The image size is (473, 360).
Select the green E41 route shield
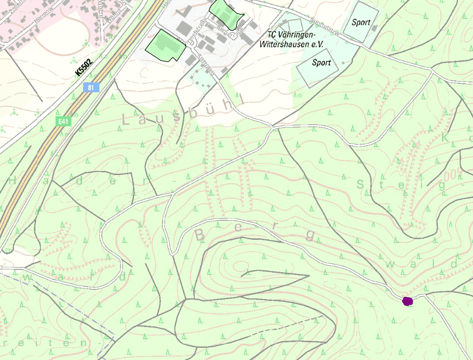pos(64,121)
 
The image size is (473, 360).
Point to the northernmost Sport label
pos(361,22)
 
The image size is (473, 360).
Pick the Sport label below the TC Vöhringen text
pos(321,63)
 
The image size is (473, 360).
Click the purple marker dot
pos(408,301)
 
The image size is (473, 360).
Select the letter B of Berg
pos(199,235)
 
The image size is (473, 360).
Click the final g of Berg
pos(310,235)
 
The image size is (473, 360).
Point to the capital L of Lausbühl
pos(127,119)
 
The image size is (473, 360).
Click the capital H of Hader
pos(13,181)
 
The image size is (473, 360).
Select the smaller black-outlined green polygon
pos(226,12)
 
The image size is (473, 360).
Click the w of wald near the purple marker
pos(391,264)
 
